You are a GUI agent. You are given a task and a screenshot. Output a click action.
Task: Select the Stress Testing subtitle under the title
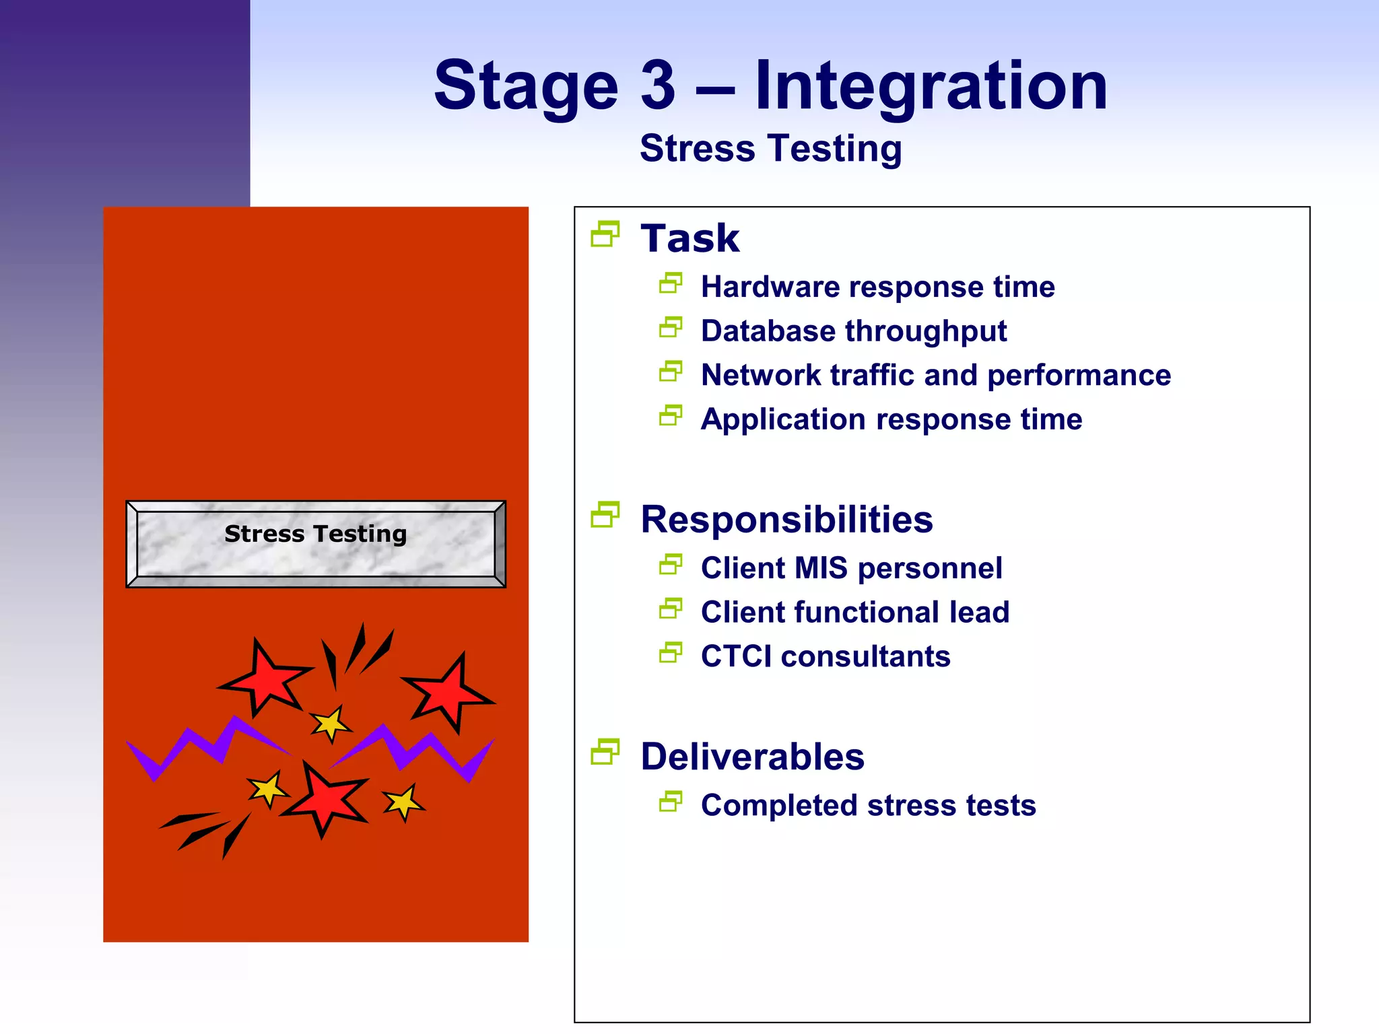click(x=770, y=149)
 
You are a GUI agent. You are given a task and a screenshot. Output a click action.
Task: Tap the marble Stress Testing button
click(x=316, y=544)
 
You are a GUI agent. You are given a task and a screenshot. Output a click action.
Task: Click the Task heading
click(x=689, y=238)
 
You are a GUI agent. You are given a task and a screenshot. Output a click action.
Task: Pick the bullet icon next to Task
click(x=605, y=234)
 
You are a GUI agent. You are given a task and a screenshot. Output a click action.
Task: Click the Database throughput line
click(x=853, y=331)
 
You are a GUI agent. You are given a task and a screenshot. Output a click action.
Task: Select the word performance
click(x=1079, y=376)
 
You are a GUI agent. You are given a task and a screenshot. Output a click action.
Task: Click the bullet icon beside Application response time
click(x=671, y=415)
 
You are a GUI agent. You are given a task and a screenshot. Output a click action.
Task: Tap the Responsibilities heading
click(x=786, y=520)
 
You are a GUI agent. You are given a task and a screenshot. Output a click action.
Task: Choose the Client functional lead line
click(x=854, y=613)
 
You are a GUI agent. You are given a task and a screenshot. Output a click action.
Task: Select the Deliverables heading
click(x=752, y=757)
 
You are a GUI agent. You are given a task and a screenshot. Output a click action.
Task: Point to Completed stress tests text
click(x=868, y=806)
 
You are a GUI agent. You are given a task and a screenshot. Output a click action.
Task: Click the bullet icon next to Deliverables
click(x=605, y=752)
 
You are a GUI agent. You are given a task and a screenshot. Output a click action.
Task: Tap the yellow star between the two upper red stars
click(x=331, y=724)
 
